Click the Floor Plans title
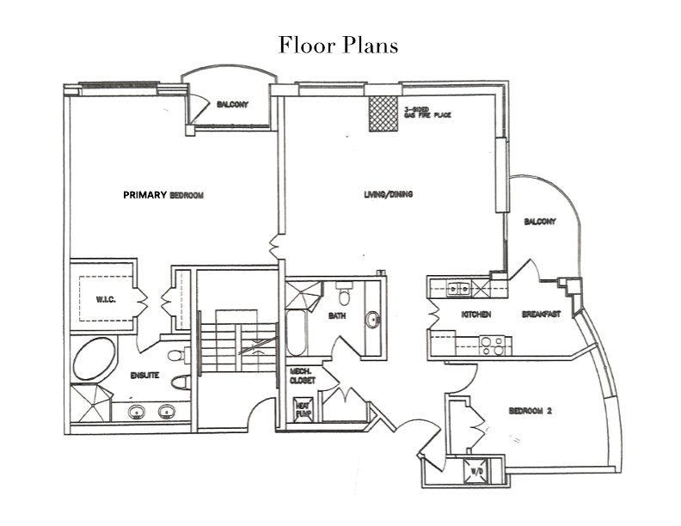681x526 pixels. pyautogui.click(x=338, y=45)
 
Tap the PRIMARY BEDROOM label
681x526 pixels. pyautogui.click(x=163, y=195)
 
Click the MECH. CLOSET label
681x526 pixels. pyautogui.click(x=302, y=375)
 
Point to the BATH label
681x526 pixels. pyautogui.click(x=336, y=317)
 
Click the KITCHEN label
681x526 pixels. pyautogui.click(x=475, y=315)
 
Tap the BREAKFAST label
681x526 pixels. pyautogui.click(x=541, y=315)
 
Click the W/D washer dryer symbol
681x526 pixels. pyautogui.click(x=475, y=471)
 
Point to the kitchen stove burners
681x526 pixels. pyautogui.click(x=493, y=345)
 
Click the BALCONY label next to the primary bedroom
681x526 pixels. pyautogui.click(x=232, y=105)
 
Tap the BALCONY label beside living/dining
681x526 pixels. pyautogui.click(x=540, y=222)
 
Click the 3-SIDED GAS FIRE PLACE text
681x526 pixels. pyautogui.click(x=427, y=113)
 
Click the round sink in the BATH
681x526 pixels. pyautogui.click(x=372, y=321)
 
